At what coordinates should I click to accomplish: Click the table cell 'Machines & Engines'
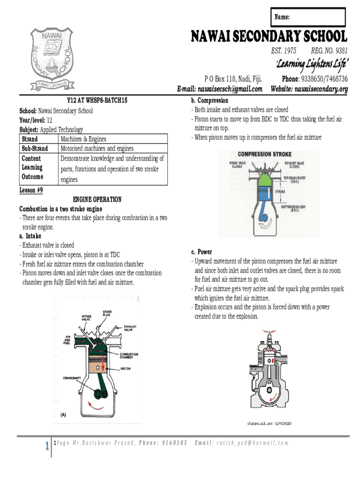tap(83, 139)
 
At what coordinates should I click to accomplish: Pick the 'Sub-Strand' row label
tap(35, 149)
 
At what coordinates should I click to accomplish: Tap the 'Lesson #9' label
tap(31, 190)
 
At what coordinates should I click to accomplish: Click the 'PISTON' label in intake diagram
tap(125, 369)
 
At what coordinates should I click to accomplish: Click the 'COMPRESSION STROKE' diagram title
tap(264, 154)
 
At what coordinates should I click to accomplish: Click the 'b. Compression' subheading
tap(209, 101)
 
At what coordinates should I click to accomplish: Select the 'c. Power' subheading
tap(202, 252)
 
